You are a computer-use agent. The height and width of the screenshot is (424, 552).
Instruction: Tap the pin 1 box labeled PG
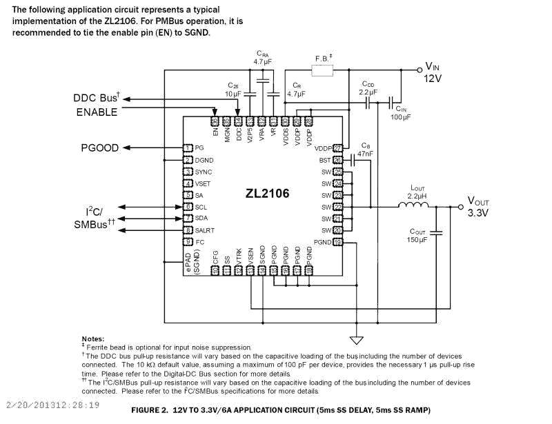tap(187, 148)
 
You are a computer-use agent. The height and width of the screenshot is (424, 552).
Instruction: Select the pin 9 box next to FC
tap(187, 242)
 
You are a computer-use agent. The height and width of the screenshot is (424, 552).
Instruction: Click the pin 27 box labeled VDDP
tap(337, 148)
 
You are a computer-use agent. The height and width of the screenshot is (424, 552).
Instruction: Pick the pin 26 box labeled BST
tap(337, 160)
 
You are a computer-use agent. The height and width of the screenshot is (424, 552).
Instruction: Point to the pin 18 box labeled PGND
tap(337, 242)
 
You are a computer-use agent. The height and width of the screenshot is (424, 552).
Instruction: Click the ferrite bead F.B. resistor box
tap(322, 70)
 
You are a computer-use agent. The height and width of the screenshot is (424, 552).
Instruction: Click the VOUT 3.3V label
tap(477, 207)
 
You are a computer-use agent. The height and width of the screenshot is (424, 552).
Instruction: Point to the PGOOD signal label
tap(100, 148)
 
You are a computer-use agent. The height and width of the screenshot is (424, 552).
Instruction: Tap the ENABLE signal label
tap(97, 112)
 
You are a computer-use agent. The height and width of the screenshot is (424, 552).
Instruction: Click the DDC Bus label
tap(97, 99)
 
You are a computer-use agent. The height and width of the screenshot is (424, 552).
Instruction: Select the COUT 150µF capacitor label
tap(418, 236)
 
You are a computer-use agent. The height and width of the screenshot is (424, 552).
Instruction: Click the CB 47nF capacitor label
tap(366, 150)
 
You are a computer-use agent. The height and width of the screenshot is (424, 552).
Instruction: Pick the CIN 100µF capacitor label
tap(402, 113)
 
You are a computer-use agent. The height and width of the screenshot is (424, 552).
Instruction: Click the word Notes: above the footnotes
tap(92, 339)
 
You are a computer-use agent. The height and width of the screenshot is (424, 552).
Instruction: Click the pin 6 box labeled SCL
tap(187, 207)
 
